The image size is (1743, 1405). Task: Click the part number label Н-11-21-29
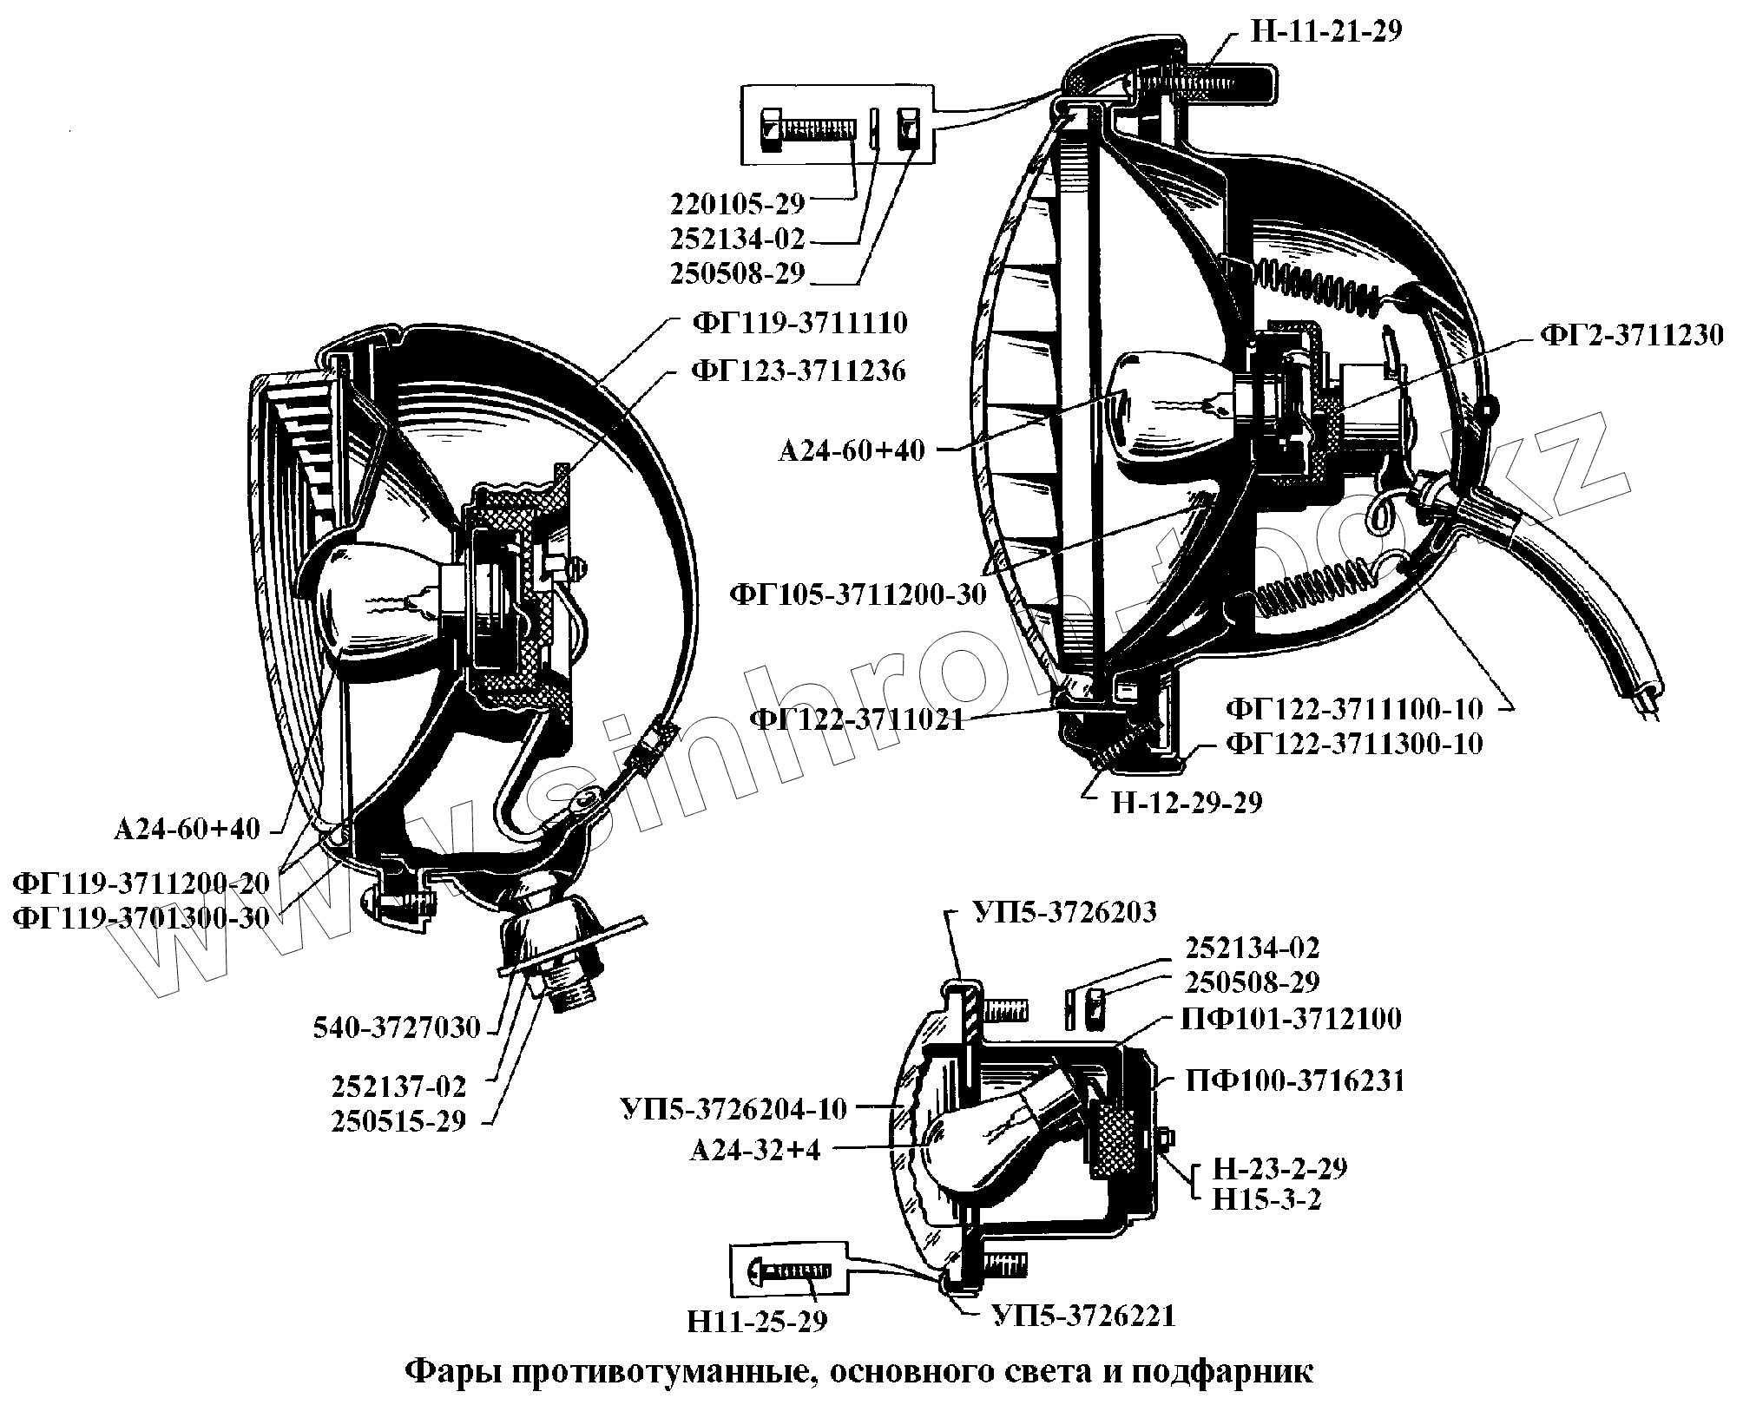[1325, 31]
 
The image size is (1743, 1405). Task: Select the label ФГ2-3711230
[1632, 335]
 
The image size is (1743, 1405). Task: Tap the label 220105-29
[738, 203]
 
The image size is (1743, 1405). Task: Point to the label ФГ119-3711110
[799, 324]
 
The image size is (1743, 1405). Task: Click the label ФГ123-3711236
[799, 371]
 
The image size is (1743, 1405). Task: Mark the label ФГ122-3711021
[857, 719]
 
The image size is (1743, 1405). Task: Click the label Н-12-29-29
[1187, 802]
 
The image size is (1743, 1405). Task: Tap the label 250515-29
[398, 1120]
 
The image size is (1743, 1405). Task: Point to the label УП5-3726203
[1065, 912]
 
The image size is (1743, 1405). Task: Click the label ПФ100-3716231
[1294, 1080]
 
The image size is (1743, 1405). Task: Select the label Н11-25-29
[757, 1321]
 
